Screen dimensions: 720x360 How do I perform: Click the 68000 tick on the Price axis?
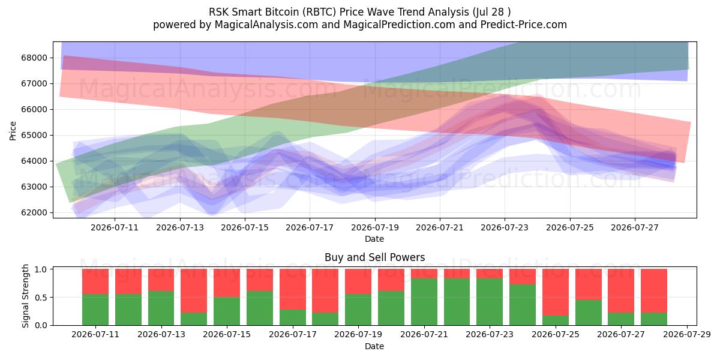34,58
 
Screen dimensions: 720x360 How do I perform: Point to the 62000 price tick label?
34,212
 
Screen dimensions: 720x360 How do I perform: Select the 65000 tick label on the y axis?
34,135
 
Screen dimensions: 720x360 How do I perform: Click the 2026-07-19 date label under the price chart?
375,227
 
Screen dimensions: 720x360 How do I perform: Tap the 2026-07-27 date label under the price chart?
635,227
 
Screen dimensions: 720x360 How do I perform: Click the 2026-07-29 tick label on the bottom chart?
687,334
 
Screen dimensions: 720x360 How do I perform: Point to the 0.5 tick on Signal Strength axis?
41,298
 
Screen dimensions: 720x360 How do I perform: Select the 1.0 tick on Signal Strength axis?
41,269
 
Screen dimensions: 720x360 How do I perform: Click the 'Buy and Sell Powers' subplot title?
375,257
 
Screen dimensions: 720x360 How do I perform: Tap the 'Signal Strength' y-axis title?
25,296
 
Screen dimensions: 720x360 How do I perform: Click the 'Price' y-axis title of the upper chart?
13,131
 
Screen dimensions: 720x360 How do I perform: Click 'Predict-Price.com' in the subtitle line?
524,25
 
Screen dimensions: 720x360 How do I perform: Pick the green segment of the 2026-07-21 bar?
424,302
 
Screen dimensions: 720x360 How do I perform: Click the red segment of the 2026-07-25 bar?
556,292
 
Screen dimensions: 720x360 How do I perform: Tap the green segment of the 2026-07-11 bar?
95,310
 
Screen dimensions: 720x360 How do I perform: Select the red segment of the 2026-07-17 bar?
293,289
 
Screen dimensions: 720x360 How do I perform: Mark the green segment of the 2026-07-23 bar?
490,302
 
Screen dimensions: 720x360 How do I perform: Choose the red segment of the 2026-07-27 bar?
621,291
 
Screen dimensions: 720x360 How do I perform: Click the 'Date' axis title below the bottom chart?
374,346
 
